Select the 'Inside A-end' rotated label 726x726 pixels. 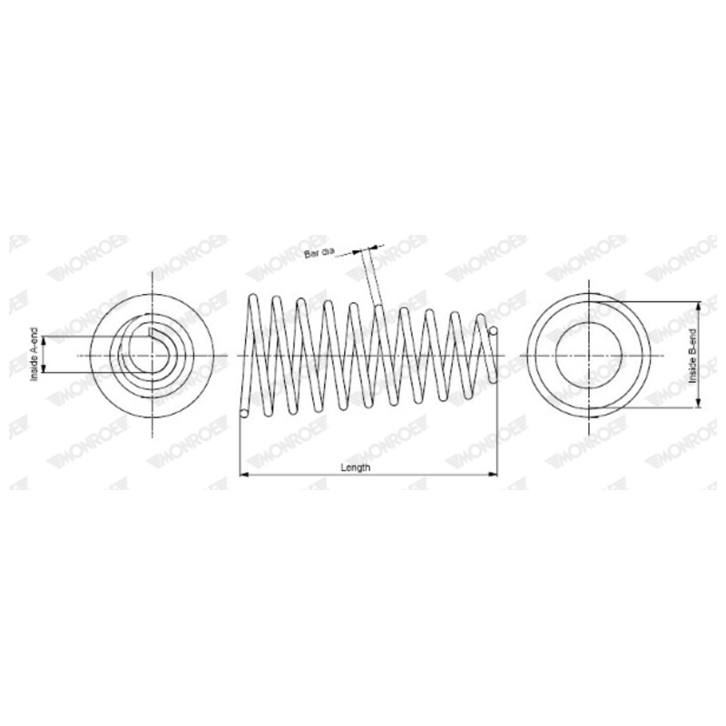[x=34, y=354]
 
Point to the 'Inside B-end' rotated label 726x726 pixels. [x=692, y=355]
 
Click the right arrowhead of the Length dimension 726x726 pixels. [x=494, y=474]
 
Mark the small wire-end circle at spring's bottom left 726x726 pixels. [x=244, y=414]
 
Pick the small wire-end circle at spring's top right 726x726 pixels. [x=493, y=332]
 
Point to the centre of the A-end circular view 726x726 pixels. [x=153, y=355]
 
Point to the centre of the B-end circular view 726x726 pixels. [x=590, y=355]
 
